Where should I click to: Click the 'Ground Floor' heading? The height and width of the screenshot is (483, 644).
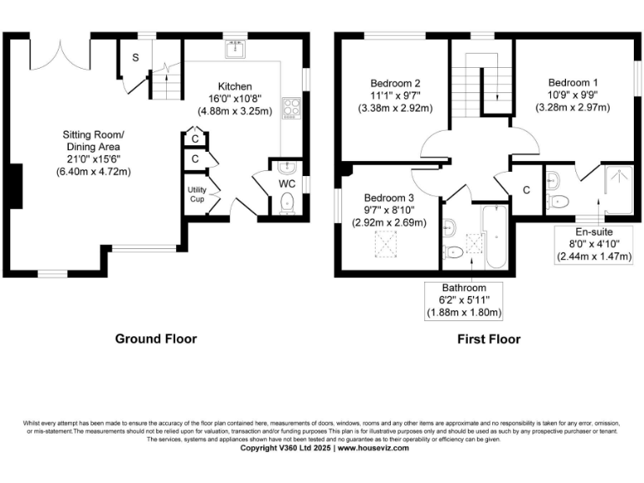click(156, 339)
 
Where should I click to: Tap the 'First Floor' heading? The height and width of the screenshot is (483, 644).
click(488, 339)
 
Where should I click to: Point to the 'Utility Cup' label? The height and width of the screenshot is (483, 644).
click(196, 195)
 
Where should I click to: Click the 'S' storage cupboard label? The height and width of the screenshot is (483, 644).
click(134, 57)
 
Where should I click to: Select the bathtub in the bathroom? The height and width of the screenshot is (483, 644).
click(496, 239)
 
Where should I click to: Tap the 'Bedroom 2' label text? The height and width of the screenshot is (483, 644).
click(395, 83)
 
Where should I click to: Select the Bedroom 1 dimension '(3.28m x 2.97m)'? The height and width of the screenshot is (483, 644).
click(573, 107)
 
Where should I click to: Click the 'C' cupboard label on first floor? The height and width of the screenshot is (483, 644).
click(526, 190)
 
